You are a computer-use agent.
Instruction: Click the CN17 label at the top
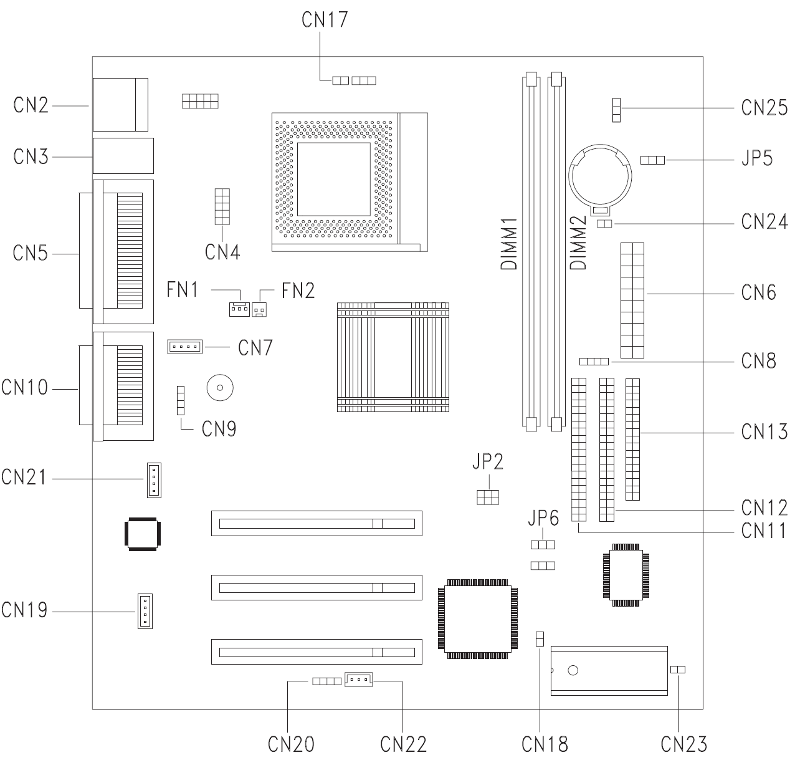[324, 19]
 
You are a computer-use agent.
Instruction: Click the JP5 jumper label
[757, 158]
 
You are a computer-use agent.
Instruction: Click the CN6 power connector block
[632, 300]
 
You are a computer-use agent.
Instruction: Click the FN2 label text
[298, 290]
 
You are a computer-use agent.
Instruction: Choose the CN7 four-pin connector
[185, 346]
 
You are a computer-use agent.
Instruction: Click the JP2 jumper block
[488, 496]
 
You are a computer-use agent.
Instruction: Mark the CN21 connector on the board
[153, 479]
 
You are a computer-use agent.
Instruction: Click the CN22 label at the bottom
[403, 744]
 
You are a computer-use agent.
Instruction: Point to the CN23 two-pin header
[678, 669]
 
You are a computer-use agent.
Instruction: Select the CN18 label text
[545, 744]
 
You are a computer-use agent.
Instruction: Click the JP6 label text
[543, 517]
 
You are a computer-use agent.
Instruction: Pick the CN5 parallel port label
[31, 253]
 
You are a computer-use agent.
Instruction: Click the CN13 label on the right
[764, 431]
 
